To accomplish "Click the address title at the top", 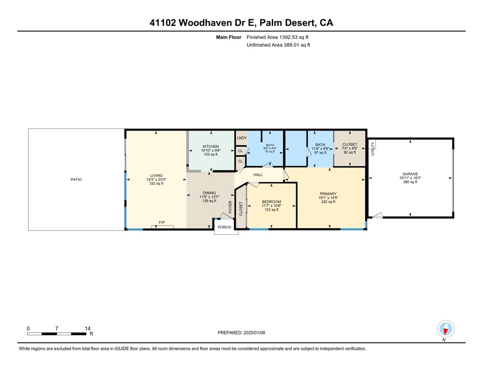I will point(241,23).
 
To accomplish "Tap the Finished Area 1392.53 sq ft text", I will point(278,37).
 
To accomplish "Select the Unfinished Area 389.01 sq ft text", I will point(278,45).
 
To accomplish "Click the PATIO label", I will point(76,179).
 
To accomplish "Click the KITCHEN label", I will point(211,146).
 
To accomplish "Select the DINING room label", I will point(209,193).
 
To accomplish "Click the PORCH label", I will point(225,227).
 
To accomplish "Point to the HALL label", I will point(258,175).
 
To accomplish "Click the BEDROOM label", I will point(271,202).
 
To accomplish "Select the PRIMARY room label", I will point(328,193).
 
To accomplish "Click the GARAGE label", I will point(410,174).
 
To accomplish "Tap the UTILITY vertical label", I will point(373,149).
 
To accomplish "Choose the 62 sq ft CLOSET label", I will point(350,144).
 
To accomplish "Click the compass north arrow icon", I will point(445,329).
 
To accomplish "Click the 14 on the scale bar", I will point(87,328).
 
